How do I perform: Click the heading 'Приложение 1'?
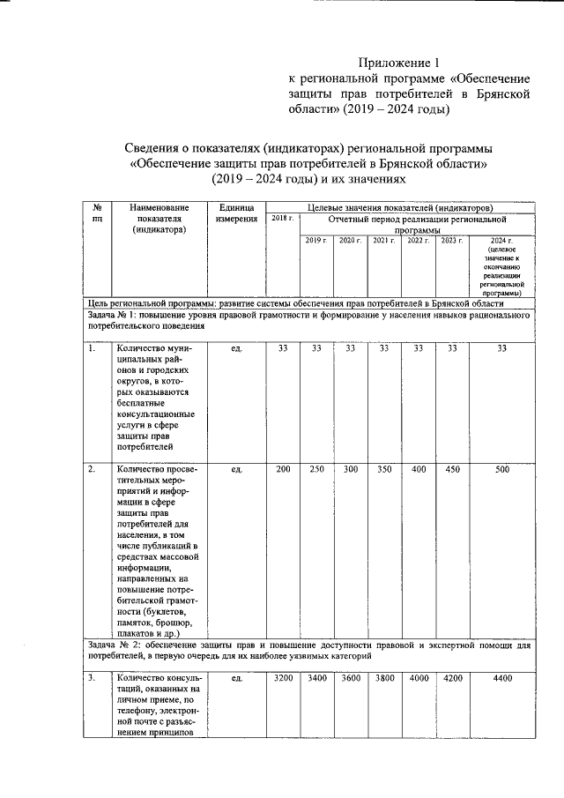coord(397,63)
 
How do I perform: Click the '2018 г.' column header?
coord(282,217)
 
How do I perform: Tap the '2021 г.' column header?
coord(383,240)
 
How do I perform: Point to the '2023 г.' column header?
coord(451,240)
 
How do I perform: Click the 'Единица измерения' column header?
coord(236,212)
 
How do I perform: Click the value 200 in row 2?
coord(282,469)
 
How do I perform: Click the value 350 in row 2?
coord(383,469)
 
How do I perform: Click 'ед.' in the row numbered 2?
coord(236,469)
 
